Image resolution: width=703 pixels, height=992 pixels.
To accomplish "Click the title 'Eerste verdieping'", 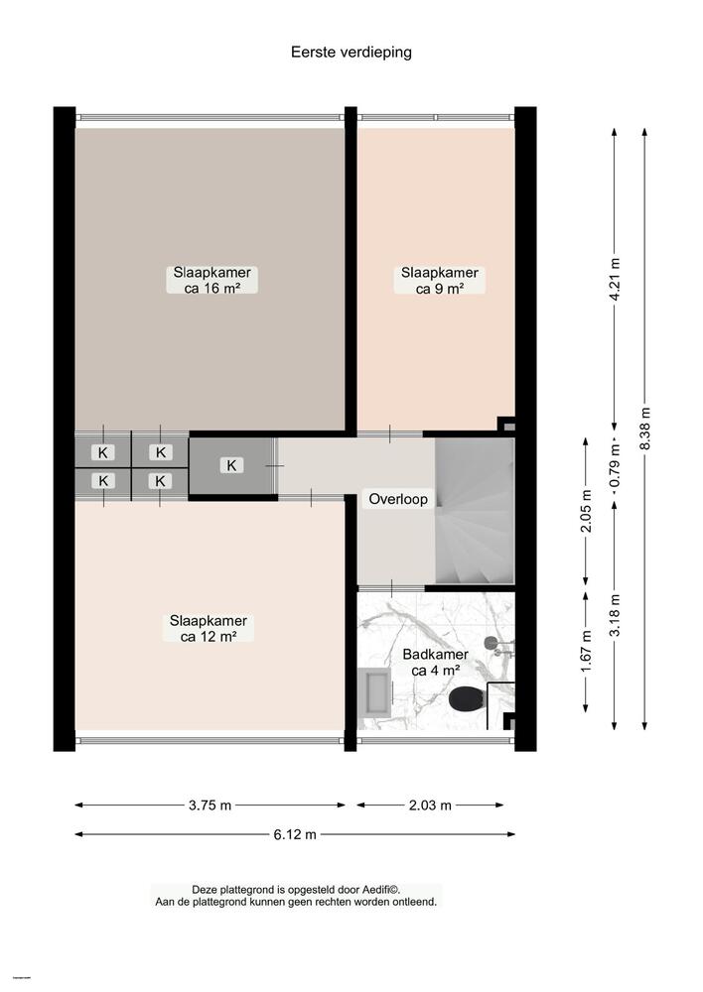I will (351, 52).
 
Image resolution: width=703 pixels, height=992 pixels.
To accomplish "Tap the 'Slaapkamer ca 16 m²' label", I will (211, 281).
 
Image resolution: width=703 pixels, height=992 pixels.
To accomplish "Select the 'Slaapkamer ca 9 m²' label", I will (439, 281).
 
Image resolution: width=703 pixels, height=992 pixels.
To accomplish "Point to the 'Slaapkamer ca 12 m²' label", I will (209, 629).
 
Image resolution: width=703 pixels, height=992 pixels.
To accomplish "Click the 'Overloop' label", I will (398, 499).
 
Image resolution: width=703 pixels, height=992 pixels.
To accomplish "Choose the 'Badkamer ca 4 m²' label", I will (435, 663).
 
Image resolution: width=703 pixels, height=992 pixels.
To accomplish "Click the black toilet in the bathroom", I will (467, 699).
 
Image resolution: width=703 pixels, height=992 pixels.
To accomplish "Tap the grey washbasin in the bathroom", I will (375, 690).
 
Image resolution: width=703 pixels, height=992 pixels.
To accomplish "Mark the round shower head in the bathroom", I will (491, 644).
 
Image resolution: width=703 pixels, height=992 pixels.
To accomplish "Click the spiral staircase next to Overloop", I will (475, 511).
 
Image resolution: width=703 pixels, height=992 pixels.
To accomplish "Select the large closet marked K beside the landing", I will (232, 465).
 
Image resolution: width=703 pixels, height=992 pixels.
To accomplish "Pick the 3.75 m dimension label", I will (210, 806).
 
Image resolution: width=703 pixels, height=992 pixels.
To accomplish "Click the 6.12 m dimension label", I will (295, 835).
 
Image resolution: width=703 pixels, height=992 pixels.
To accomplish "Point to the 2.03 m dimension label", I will (430, 806).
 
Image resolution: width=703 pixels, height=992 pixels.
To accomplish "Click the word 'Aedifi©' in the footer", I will (382, 890).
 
